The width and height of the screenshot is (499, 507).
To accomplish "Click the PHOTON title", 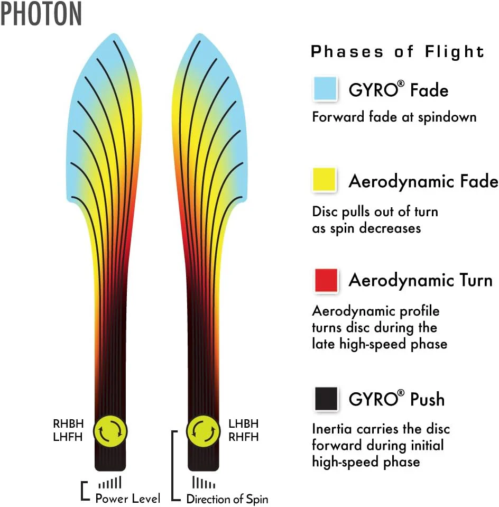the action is coord(41,14).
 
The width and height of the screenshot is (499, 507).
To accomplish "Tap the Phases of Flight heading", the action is coord(398,52).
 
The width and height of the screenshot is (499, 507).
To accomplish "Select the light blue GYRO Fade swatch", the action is coord(325,88).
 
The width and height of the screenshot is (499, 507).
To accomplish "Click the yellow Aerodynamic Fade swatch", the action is coord(325,179).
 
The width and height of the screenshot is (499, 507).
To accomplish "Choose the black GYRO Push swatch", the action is coord(326,399).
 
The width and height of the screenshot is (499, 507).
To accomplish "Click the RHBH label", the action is coord(68,423).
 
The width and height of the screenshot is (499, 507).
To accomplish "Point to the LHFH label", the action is coord(68,437).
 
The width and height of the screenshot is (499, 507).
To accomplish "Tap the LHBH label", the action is coord(244,423).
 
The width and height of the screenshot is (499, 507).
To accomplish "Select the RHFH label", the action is coord(244,437).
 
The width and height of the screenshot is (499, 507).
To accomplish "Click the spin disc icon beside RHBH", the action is coord(110,431).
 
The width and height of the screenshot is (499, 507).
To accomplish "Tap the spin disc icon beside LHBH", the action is coord(204,431).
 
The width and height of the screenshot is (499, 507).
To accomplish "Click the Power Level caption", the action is coord(128,498).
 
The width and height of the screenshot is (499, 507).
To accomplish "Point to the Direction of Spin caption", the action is coord(227,499).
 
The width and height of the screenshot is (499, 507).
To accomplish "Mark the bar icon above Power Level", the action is coord(110,482).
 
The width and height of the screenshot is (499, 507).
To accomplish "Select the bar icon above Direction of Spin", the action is coord(204,482).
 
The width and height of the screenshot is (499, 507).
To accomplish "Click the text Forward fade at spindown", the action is coord(394,117).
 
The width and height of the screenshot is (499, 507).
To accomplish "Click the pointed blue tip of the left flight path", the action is coord(114,34).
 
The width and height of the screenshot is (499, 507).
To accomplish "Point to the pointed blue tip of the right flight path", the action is coord(200,34).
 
